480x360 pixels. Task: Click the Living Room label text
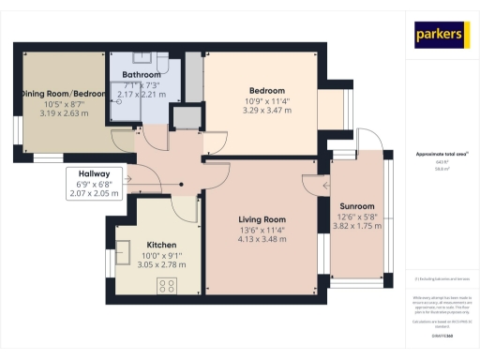click(262, 219)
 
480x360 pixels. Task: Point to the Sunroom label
click(356, 205)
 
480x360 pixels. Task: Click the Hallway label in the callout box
click(95, 174)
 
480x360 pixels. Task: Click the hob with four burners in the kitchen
click(169, 285)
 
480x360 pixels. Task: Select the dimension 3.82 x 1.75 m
click(356, 227)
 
